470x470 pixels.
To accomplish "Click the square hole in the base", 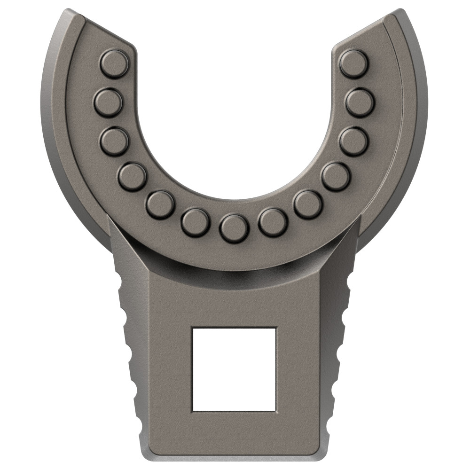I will [x=234, y=369].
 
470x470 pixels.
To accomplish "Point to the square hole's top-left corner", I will [x=193, y=329].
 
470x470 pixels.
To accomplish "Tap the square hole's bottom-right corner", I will [x=275, y=410].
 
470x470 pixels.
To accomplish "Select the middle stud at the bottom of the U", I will [x=234, y=228].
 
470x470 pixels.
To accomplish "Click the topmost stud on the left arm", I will [x=114, y=63].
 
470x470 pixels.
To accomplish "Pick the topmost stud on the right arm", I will [x=353, y=63].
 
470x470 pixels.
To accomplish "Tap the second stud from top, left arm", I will [x=108, y=102].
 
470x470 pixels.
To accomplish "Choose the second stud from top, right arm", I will [x=360, y=102].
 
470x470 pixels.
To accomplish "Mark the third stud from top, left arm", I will [x=114, y=141].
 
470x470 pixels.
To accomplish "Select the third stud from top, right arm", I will [x=353, y=141].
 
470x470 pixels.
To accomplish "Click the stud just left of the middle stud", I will [x=195, y=222].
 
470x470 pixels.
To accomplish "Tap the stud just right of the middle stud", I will [x=273, y=222].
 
